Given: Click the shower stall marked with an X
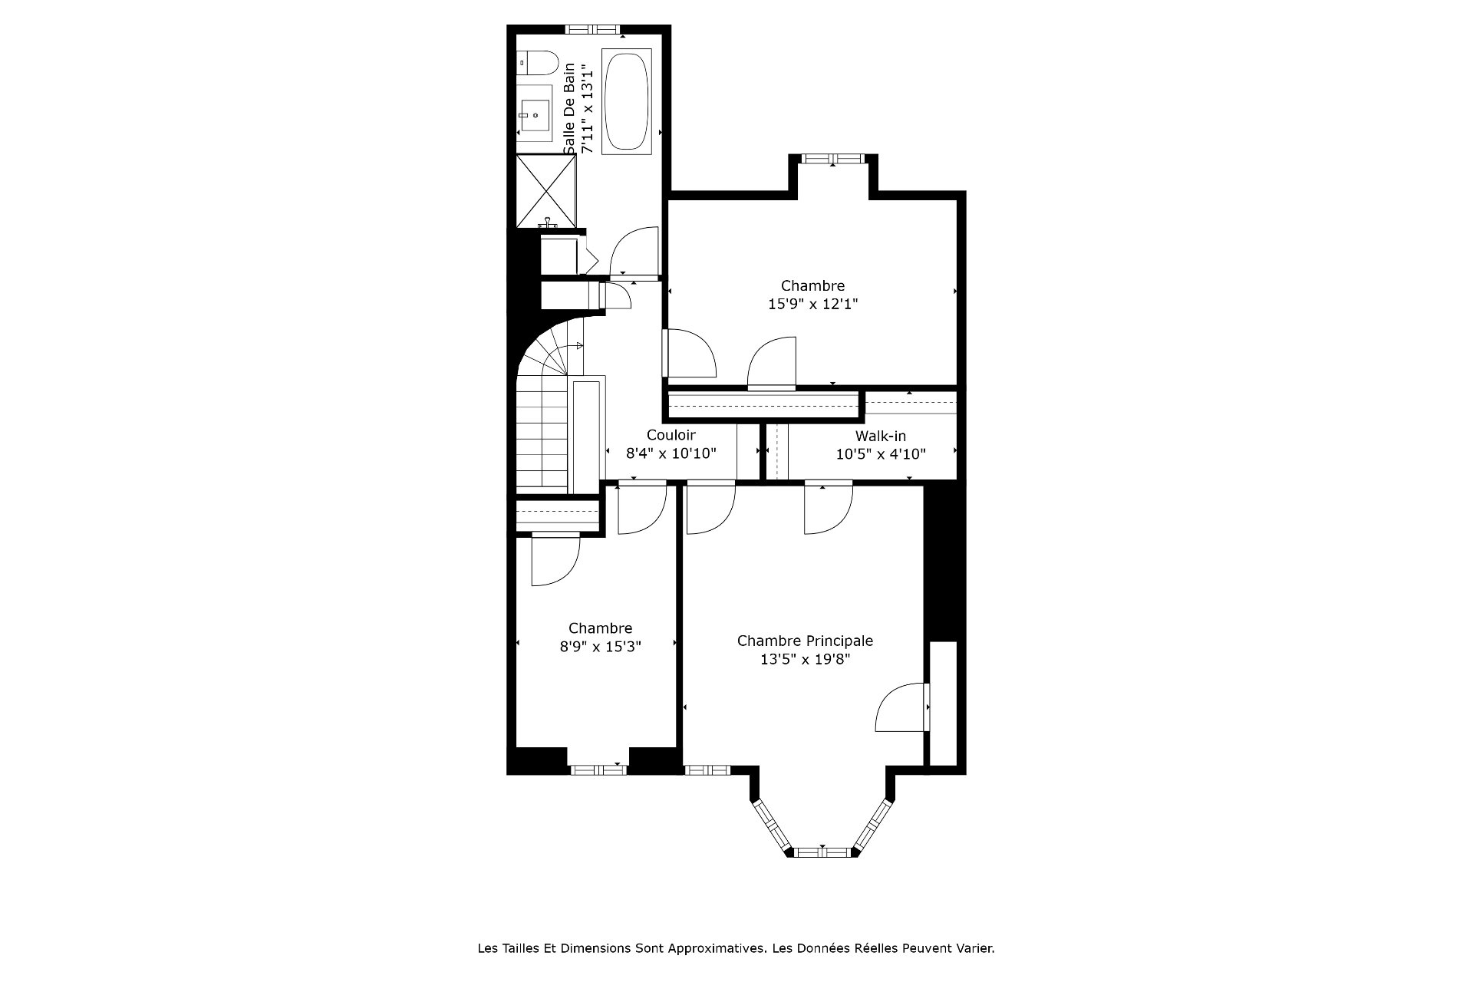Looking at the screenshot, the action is coord(545,190).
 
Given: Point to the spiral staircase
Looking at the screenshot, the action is coord(549,407).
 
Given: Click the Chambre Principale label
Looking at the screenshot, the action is coord(805,641).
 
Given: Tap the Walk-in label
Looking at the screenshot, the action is coord(881,436).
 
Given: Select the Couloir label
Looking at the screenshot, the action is coord(671,435).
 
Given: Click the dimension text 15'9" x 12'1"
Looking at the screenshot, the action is coord(812,304).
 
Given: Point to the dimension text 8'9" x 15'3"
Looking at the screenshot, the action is coord(600,646).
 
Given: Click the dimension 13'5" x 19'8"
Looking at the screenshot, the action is coord(805,659).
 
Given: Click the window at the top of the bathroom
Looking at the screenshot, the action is coord(592,29).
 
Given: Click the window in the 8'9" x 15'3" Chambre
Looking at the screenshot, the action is coord(597,769).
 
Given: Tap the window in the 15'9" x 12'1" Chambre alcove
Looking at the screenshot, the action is coord(832,159).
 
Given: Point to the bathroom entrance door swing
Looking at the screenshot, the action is coord(634,252).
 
